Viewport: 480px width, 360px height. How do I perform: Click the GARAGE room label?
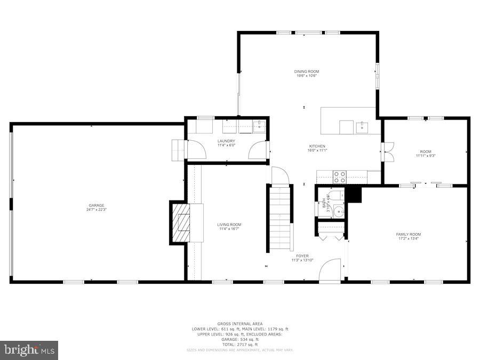point(97,205)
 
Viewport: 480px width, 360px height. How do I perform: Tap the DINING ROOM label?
point(307,71)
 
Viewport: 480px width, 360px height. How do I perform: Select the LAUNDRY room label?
point(226,141)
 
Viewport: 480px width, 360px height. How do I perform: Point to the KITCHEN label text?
point(317,146)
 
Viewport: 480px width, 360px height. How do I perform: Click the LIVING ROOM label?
point(229,225)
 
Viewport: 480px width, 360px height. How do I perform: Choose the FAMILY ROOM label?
point(408,234)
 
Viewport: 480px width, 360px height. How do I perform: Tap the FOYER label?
point(302,256)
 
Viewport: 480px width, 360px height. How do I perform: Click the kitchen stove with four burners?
point(340,177)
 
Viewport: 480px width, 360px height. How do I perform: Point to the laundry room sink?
point(260,126)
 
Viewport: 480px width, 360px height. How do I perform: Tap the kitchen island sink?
point(362,126)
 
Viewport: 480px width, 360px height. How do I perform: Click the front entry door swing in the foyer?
point(330,269)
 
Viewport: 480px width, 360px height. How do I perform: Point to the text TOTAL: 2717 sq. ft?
point(240,344)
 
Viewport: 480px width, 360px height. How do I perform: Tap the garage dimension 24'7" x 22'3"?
point(97,210)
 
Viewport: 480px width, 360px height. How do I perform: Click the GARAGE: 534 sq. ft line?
point(240,339)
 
